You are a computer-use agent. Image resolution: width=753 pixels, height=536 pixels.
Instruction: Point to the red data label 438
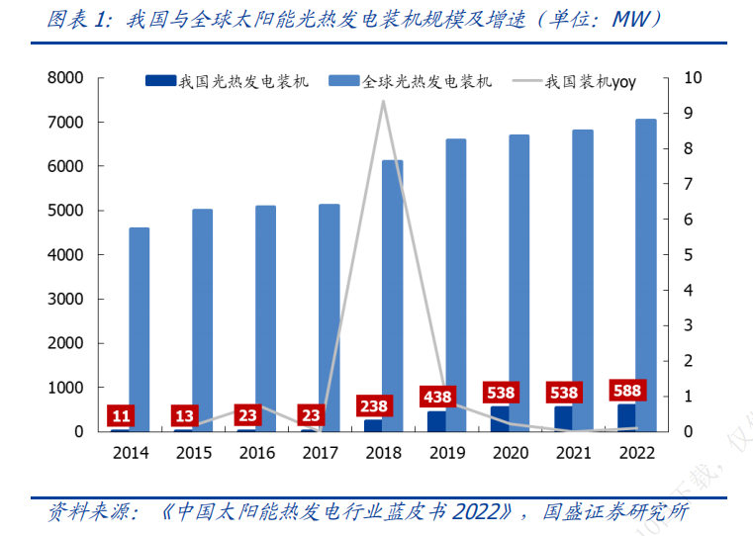coord(437,398)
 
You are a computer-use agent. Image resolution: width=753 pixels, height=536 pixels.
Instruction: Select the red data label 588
coord(627,390)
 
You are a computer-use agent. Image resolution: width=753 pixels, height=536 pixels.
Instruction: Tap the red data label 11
coord(122,416)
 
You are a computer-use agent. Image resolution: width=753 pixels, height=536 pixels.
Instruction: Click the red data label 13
coord(185,416)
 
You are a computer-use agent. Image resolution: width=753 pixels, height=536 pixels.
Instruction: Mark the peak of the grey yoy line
coord(383,102)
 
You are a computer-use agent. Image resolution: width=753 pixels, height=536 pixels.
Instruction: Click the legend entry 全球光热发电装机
coord(426,82)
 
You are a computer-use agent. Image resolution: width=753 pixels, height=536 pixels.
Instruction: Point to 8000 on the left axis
coord(64,78)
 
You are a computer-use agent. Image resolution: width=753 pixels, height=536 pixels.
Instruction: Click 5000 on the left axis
coord(64,211)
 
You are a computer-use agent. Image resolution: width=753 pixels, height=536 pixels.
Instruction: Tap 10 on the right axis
coord(693,78)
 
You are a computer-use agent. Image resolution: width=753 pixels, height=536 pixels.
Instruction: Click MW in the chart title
coord(624,20)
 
